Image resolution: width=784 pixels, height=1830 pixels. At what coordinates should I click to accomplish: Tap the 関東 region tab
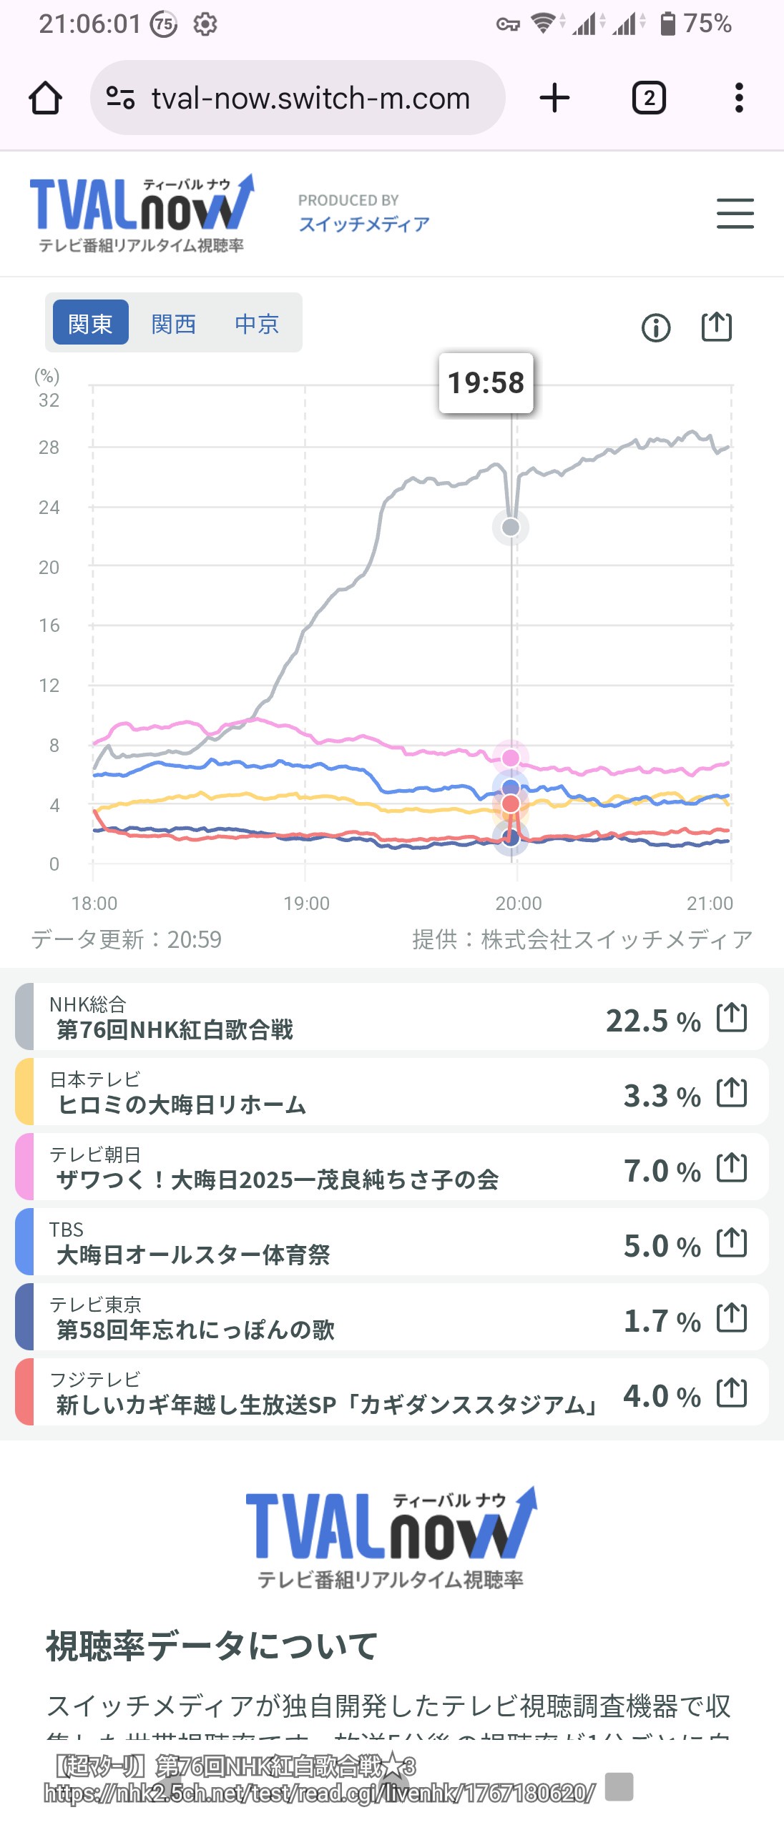[x=90, y=323]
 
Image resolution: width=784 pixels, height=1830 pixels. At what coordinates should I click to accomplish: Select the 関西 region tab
[x=174, y=323]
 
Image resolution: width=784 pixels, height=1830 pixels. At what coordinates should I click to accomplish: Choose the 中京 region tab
[x=257, y=323]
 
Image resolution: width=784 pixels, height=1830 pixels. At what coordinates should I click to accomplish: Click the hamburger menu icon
[x=735, y=214]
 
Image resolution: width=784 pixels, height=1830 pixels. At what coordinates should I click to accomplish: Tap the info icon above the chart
[x=656, y=328]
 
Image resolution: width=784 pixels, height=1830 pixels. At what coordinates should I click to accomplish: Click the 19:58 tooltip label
[x=486, y=383]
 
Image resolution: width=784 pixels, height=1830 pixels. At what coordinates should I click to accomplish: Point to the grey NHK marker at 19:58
[x=511, y=528]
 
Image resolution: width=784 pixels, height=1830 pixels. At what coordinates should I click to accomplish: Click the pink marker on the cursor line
[x=511, y=758]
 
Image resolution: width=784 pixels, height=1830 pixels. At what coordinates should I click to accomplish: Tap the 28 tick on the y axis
[x=49, y=447]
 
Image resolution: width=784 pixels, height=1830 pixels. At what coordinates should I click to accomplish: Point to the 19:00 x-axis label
[x=306, y=904]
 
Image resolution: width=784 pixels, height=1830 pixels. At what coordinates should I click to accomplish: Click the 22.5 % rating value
[x=652, y=1021]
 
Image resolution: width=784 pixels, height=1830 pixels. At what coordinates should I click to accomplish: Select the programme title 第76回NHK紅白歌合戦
[x=175, y=1030]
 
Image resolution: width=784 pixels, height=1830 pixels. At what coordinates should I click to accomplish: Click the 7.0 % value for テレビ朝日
[x=662, y=1171]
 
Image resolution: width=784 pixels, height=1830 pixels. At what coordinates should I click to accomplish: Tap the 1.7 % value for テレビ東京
[x=662, y=1321]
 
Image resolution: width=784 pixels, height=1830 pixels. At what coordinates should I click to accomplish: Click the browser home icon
[x=45, y=98]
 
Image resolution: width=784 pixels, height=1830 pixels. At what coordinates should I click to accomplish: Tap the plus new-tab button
[x=554, y=98]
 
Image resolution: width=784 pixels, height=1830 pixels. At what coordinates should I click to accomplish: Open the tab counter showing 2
[x=649, y=98]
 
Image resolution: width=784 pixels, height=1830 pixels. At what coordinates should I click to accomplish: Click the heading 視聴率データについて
[x=212, y=1646]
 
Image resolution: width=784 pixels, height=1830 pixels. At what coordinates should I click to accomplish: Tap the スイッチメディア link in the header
[x=364, y=224]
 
